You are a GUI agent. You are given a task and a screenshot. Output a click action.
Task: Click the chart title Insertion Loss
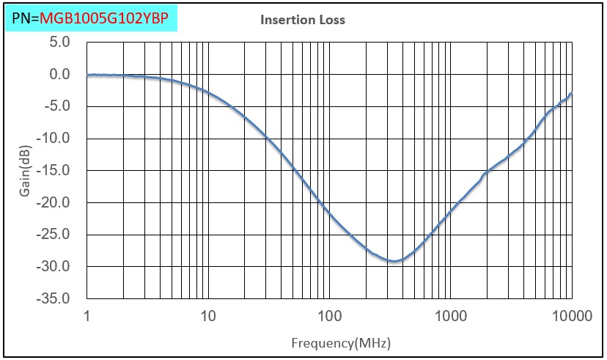[x=303, y=20]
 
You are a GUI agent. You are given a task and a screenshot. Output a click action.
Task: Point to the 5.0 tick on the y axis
[x=60, y=43]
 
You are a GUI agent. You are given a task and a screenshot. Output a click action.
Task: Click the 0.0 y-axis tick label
[x=60, y=74]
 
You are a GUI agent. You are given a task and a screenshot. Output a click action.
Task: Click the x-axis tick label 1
[x=87, y=316]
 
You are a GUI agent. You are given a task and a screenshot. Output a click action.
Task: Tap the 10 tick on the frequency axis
[x=208, y=316]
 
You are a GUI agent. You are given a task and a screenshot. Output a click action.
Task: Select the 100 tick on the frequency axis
[x=329, y=316]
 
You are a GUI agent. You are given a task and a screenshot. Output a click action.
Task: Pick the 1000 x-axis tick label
[x=450, y=316]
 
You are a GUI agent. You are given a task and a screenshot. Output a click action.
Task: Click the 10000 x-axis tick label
[x=571, y=316]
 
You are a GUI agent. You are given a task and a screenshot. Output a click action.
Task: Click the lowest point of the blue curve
[x=394, y=261]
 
